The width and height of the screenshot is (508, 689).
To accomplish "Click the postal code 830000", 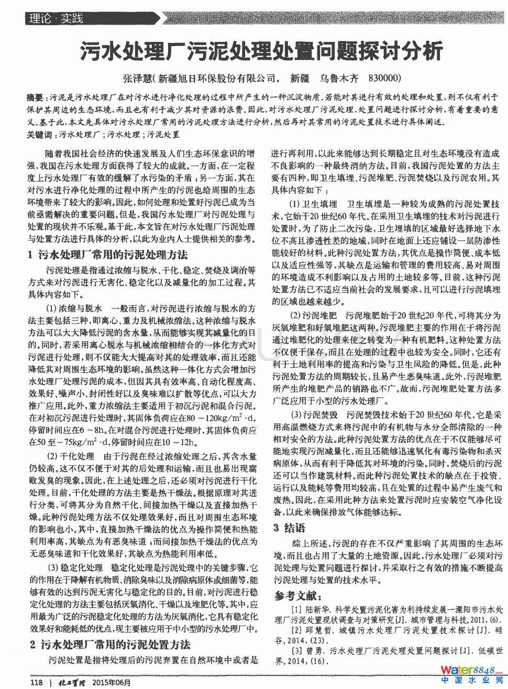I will pyautogui.click(x=384, y=78).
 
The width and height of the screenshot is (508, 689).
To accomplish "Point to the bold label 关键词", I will pyautogui.click(x=39, y=135).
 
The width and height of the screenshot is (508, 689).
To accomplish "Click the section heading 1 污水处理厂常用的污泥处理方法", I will pyautogui.click(x=107, y=255).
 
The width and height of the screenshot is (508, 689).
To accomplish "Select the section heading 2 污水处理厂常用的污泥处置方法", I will pyautogui.click(x=110, y=644).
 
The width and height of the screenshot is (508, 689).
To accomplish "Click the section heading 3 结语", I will pyautogui.click(x=289, y=528).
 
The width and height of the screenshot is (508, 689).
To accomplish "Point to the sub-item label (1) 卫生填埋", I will pyautogui.click(x=313, y=204).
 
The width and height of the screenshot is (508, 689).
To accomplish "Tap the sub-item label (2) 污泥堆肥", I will pyautogui.click(x=313, y=315).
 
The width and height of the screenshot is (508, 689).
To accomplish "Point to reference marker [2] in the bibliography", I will pyautogui.click(x=296, y=630).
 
